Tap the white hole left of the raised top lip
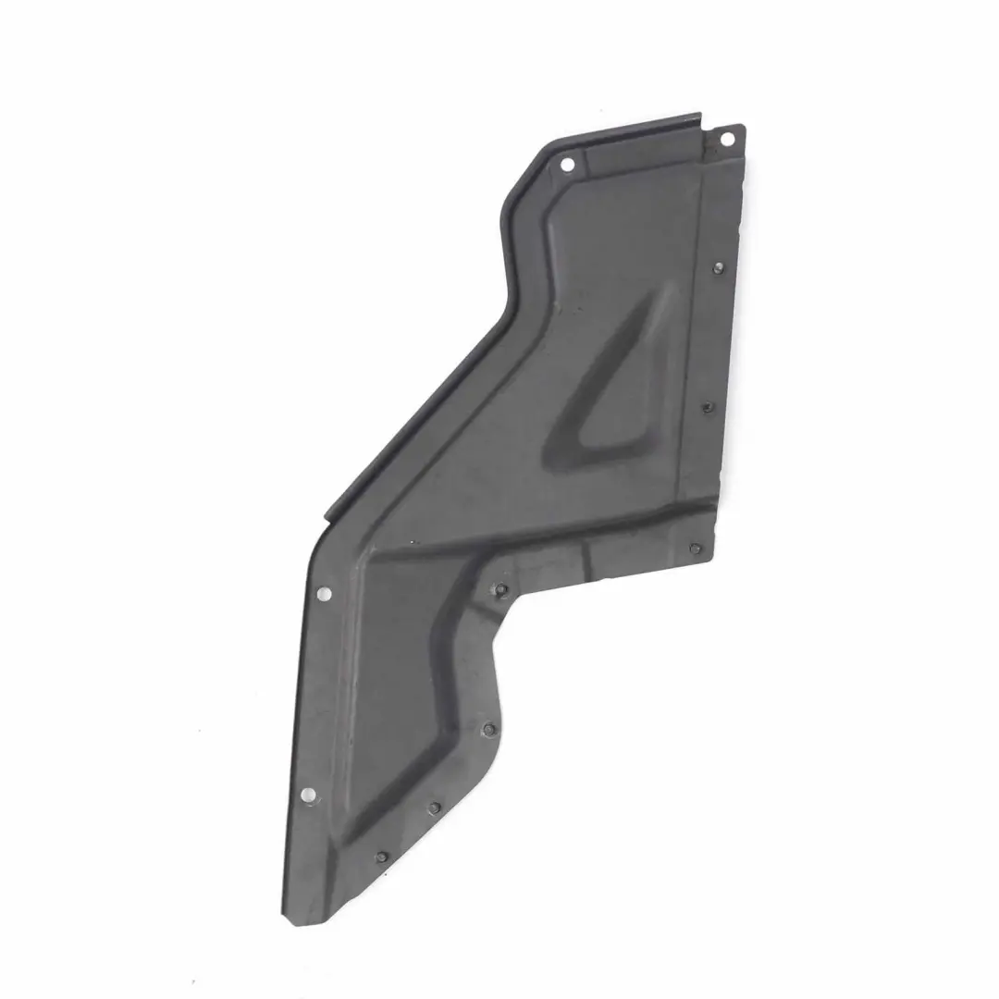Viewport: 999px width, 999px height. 567,165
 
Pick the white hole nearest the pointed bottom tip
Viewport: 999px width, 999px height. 307,793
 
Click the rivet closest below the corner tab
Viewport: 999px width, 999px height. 719,267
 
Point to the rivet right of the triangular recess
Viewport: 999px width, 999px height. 707,407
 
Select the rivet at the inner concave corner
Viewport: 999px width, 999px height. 499,589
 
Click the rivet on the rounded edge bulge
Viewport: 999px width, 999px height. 484,728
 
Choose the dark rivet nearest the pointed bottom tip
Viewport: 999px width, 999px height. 380,857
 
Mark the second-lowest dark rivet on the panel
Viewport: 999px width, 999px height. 434,808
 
